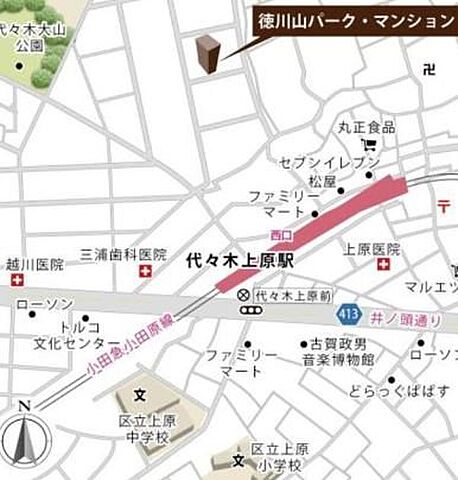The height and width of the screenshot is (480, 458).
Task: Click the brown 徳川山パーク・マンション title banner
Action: pyautogui.click(x=355, y=18)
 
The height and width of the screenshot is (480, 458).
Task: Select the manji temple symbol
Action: pyautogui.click(x=429, y=70)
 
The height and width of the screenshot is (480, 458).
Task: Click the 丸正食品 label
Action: pyautogui.click(x=366, y=127)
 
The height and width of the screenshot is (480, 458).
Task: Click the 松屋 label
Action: pyautogui.click(x=322, y=182)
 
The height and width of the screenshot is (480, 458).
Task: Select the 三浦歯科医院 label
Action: pyautogui.click(x=123, y=254)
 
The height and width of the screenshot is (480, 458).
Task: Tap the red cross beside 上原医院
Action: pyautogui.click(x=384, y=265)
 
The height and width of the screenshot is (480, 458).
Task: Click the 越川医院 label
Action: pyautogui.click(x=34, y=265)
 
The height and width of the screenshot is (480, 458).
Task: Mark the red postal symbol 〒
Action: pyautogui.click(x=443, y=207)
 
